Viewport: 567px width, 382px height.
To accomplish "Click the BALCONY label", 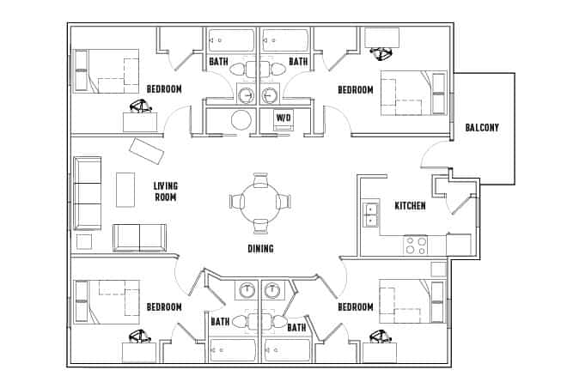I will click(482, 128).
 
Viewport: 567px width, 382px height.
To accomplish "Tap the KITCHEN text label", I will click(410, 206).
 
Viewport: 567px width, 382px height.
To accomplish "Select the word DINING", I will click(260, 249).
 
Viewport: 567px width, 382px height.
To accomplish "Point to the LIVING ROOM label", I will click(165, 191).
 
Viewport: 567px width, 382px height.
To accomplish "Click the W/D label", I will click(283, 117).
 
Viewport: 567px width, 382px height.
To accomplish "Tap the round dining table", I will click(259, 202).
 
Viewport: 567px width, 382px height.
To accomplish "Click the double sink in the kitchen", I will click(371, 214).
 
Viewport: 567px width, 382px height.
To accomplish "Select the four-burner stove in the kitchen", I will click(416, 245).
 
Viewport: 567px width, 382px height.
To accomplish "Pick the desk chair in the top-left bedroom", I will click(139, 106).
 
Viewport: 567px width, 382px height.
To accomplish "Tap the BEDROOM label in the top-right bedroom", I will click(355, 90).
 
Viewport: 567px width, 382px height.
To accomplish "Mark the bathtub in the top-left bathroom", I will click(231, 40).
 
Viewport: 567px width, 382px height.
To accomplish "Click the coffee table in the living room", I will click(125, 189).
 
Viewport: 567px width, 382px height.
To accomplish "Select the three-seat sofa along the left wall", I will click(88, 192).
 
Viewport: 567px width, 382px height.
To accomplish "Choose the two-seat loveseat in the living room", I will click(139, 236).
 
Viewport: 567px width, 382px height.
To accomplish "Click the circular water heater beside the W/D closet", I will click(244, 119).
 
